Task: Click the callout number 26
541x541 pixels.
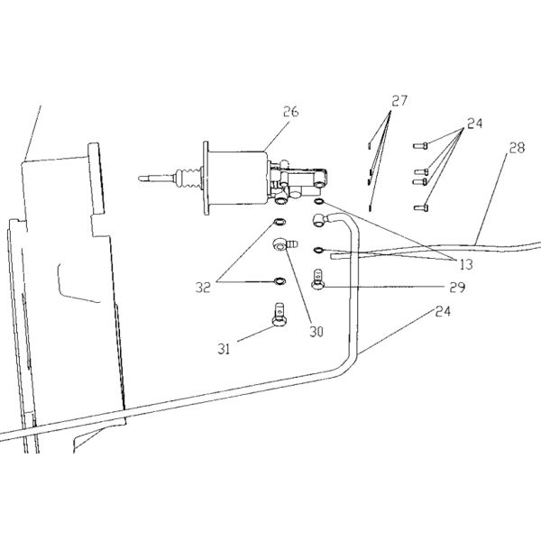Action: [289, 112]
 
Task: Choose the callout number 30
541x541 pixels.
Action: [316, 330]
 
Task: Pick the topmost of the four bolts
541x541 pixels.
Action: [418, 145]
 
